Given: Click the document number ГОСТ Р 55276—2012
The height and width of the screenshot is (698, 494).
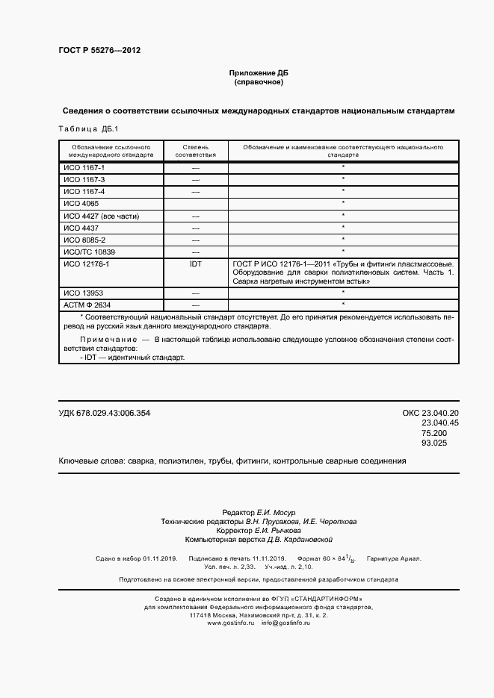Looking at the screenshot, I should [99, 51].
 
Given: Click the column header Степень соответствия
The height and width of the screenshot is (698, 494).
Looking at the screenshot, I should [196, 152].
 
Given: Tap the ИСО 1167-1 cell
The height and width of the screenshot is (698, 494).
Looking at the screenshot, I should [84, 169].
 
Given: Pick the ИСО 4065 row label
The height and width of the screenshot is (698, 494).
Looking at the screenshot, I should [81, 204].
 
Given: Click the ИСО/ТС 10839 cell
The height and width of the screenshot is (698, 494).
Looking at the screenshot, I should [89, 252].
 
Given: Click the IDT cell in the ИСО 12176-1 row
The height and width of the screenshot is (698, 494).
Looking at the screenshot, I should [196, 264].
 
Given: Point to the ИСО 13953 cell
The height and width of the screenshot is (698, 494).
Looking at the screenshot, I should [83, 293].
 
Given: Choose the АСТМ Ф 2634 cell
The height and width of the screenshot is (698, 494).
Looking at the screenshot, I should [87, 305].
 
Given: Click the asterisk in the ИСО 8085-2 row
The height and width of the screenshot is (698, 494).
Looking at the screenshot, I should [342, 240].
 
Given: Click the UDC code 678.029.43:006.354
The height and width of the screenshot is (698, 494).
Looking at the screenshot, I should [104, 414].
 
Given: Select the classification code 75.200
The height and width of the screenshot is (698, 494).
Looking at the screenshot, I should [434, 433].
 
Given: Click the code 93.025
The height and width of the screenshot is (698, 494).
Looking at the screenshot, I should [434, 443].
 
